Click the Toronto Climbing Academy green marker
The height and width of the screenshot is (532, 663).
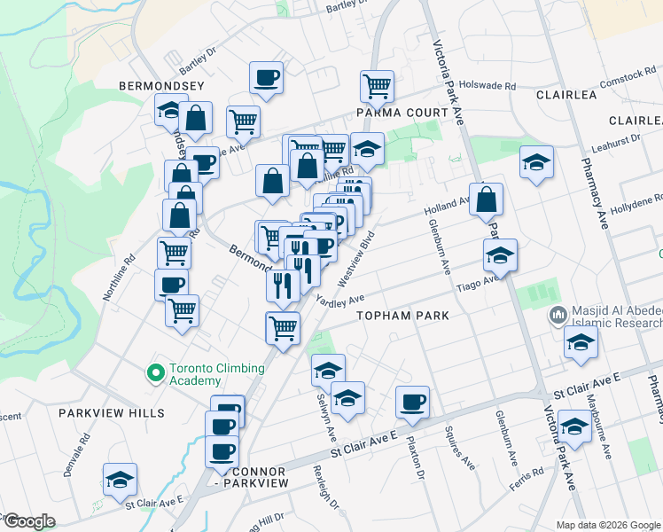pyautogui.click(x=157, y=373)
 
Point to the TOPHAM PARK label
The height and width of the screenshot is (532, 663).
pyautogui.click(x=402, y=316)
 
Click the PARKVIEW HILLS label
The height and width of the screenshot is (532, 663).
pyautogui.click(x=112, y=413)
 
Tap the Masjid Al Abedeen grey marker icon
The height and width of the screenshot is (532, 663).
pyautogui.click(x=558, y=314)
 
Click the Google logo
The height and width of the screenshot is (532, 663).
pyautogui.click(x=28, y=520)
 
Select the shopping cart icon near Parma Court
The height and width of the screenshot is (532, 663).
pyautogui.click(x=377, y=86)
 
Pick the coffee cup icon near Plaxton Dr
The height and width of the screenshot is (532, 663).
pyautogui.click(x=412, y=402)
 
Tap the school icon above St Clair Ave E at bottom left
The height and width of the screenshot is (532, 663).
pyautogui.click(x=120, y=479)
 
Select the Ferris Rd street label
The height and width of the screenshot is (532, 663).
pyautogui.click(x=526, y=479)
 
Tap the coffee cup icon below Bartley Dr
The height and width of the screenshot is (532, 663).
pyautogui.click(x=265, y=77)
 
